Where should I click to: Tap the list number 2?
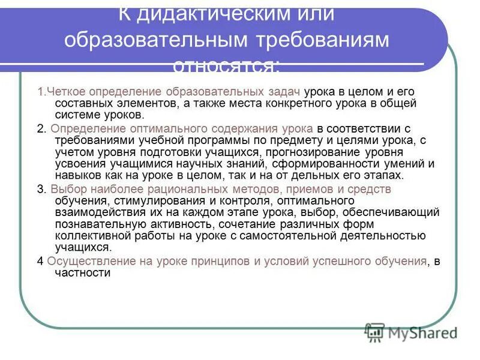point(40,129)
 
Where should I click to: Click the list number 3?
point(40,189)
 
